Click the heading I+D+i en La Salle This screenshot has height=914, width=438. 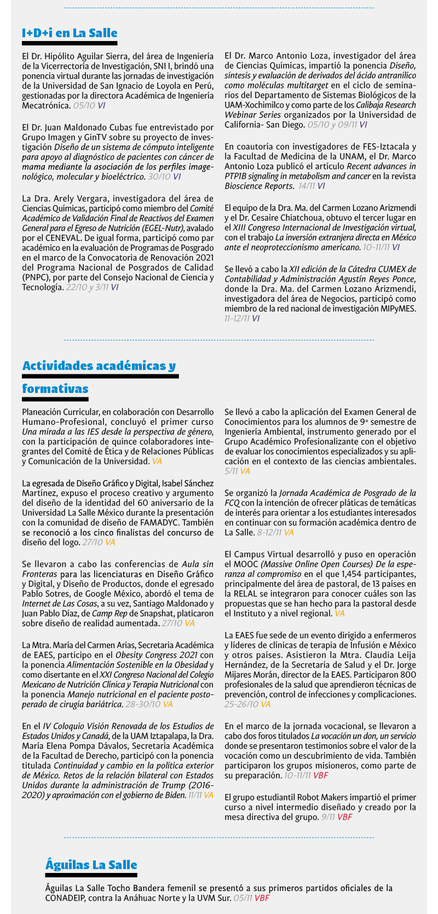point(70,33)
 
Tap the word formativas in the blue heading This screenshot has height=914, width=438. point(55,389)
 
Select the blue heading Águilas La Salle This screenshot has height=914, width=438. point(91,865)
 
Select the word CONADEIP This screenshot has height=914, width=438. point(68,898)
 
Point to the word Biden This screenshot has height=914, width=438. point(173,795)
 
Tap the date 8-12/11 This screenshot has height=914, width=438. point(269,533)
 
